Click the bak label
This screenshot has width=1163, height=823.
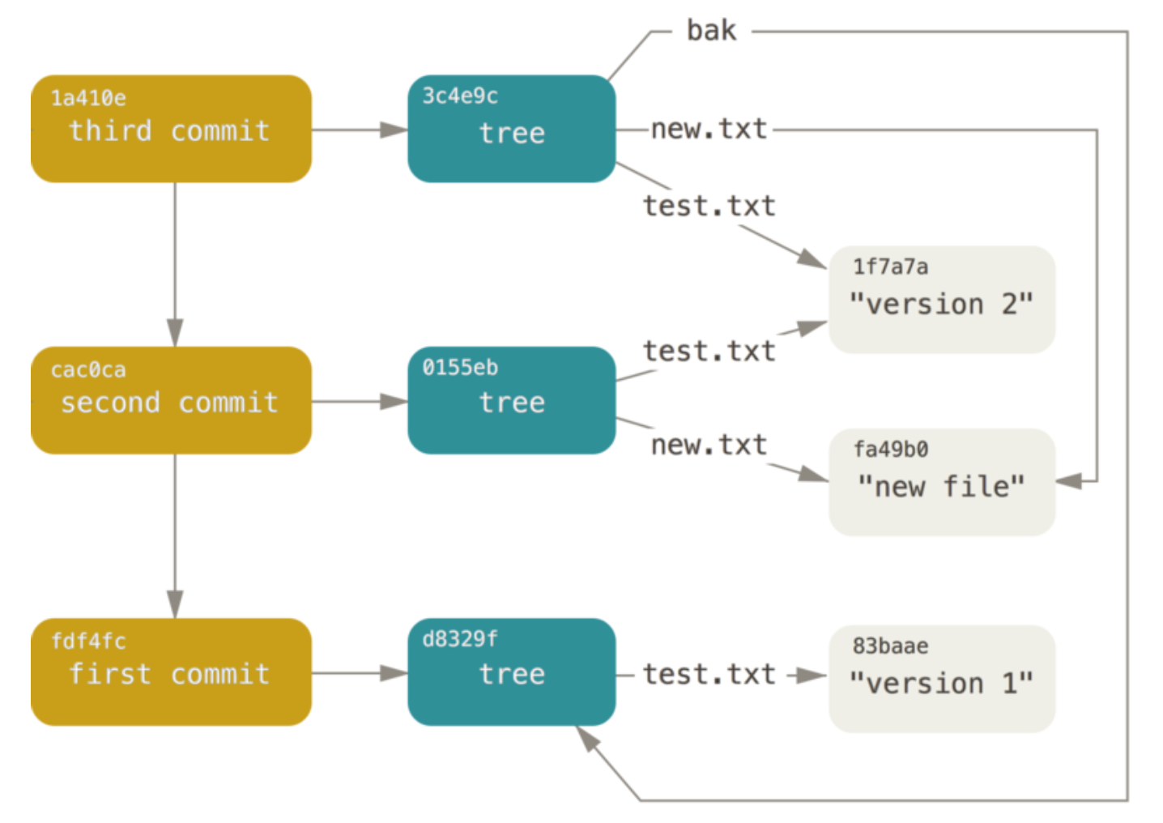click(711, 30)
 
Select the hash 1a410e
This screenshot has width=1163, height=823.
click(88, 98)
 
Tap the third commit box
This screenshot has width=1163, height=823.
click(172, 129)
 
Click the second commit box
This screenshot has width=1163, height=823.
click(172, 400)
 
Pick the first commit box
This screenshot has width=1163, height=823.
click(172, 672)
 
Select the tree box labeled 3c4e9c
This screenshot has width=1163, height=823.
click(512, 129)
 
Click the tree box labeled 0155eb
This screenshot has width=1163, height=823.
click(512, 400)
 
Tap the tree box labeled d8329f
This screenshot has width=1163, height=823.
click(512, 672)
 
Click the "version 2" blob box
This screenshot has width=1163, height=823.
click(942, 300)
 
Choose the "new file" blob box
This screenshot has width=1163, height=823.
click(942, 482)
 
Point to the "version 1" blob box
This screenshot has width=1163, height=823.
click(942, 679)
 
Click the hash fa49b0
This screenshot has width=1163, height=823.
click(891, 449)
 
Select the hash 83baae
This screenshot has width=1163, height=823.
click(890, 646)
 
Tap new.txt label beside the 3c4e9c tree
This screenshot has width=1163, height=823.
click(709, 129)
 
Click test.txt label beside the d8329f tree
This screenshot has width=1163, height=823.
click(709, 674)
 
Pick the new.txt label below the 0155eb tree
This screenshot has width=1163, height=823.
click(709, 445)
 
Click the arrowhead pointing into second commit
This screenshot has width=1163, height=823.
click(175, 333)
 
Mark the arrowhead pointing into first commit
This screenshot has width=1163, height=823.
click(175, 604)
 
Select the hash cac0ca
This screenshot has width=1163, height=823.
click(88, 369)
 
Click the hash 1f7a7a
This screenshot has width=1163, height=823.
click(891, 267)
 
